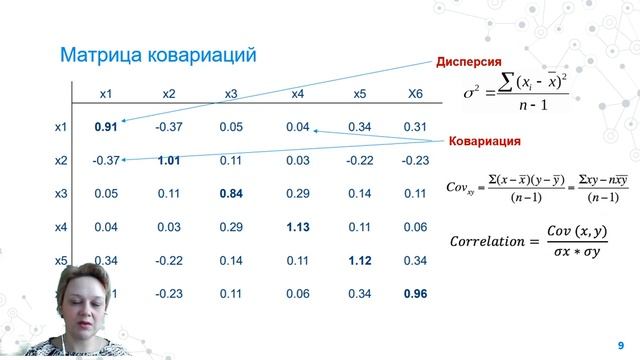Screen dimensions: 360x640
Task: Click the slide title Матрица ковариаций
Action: pos(160,52)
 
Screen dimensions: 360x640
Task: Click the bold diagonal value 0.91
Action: pos(106,127)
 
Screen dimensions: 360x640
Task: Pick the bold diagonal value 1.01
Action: pos(168,160)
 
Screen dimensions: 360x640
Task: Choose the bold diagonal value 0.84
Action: pos(231,193)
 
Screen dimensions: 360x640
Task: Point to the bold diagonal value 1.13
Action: pos(297,227)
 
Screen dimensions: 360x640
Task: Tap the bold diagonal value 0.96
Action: pos(414,294)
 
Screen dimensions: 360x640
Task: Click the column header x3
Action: pos(231,94)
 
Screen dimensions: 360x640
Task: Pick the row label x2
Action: pos(61,160)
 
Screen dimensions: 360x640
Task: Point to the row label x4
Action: pos(61,227)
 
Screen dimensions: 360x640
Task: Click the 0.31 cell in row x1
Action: pos(414,127)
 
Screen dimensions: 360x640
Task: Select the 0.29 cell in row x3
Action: pos(297,193)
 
